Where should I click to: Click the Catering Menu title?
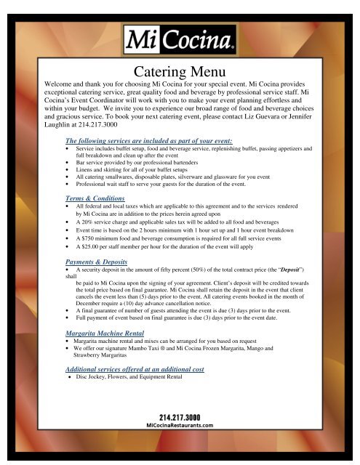coord(180,71)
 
